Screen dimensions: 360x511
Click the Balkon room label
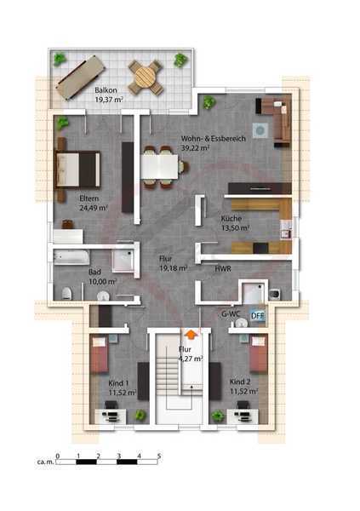pyautogui.click(x=106, y=90)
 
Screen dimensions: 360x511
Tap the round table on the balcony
pyautogui.click(x=146, y=77)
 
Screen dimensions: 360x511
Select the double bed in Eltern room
pyautogui.click(x=77, y=169)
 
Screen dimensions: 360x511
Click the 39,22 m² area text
pyautogui.click(x=195, y=148)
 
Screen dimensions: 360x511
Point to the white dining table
pyautogui.click(x=160, y=167)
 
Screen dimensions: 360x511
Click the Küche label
pyautogui.click(x=231, y=218)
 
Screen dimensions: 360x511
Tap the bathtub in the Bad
pyautogui.click(x=71, y=257)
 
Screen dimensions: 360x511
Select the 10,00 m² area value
pyautogui.click(x=103, y=281)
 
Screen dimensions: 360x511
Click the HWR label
pyautogui.click(x=223, y=269)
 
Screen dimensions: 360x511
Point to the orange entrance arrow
pyautogui.click(x=191, y=335)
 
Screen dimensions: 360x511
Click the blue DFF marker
pyautogui.click(x=257, y=315)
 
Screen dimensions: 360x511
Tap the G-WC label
pyautogui.click(x=231, y=314)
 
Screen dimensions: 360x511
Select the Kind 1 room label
pyautogui.click(x=118, y=383)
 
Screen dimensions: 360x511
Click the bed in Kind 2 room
pyautogui.click(x=259, y=354)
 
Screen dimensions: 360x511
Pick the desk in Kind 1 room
pyautogui.click(x=110, y=416)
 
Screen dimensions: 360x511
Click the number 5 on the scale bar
pyautogui.click(x=159, y=456)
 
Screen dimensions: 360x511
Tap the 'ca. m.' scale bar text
pyautogui.click(x=45, y=462)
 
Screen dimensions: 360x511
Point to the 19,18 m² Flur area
pyautogui.click(x=173, y=268)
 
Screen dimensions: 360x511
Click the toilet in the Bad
pyautogui.click(x=66, y=293)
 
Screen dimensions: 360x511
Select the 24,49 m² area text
pyautogui.click(x=94, y=208)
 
